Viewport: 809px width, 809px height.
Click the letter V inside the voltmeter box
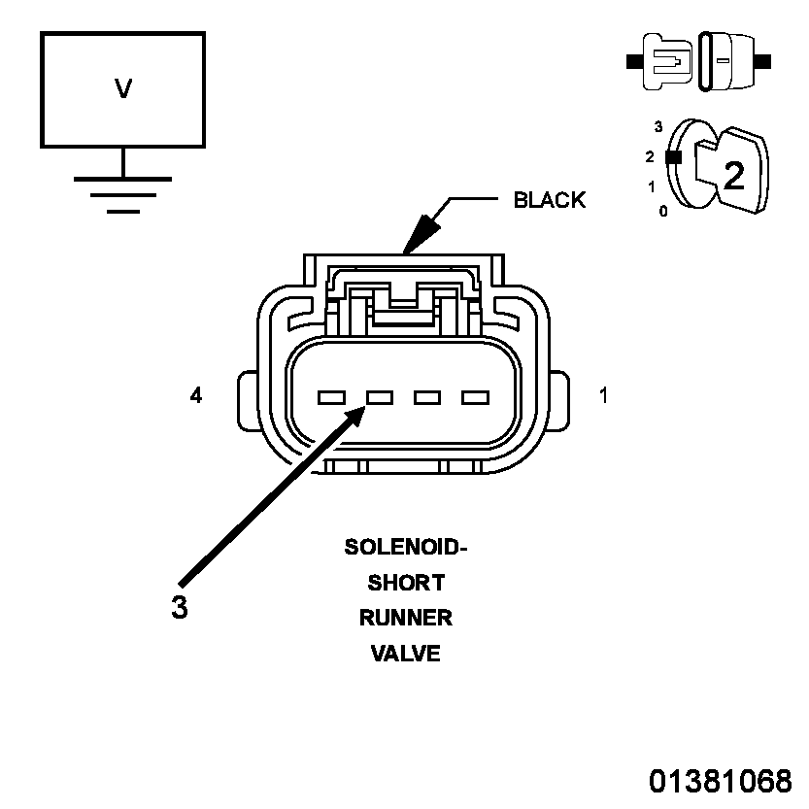(123, 88)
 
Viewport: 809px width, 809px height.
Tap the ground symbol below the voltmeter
(122, 194)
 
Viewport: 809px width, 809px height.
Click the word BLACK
(550, 200)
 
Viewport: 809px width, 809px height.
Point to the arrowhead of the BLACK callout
(420, 234)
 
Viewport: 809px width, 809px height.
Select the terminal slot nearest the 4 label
(331, 398)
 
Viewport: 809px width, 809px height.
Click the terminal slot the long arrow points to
(379, 398)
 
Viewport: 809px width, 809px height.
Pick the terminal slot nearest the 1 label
(475, 398)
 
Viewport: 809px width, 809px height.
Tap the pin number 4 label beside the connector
(196, 395)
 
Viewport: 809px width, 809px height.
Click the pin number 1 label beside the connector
(603, 395)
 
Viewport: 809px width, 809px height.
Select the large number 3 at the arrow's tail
(179, 607)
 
